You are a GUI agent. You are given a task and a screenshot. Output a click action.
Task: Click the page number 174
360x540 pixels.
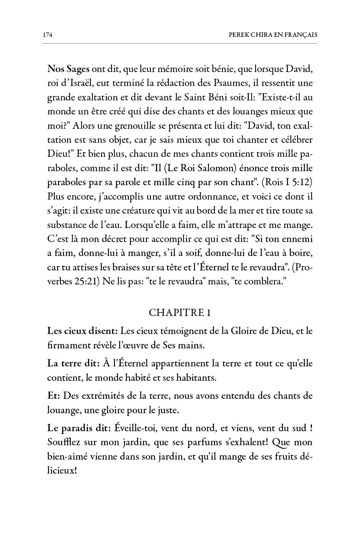tap(48, 35)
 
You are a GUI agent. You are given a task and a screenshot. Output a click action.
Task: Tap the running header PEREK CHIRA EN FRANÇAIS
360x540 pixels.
tap(273, 35)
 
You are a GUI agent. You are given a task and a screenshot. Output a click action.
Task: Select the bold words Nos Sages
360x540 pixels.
tap(68, 69)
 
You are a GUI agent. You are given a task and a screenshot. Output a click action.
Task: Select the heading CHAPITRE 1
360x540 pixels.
tap(180, 312)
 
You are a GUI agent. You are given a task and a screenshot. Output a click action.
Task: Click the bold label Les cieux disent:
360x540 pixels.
tap(82, 331)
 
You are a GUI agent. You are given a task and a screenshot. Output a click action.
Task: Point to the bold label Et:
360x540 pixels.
tap(54, 396)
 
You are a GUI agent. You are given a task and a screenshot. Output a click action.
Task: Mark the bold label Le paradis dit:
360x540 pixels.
tap(79, 428)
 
